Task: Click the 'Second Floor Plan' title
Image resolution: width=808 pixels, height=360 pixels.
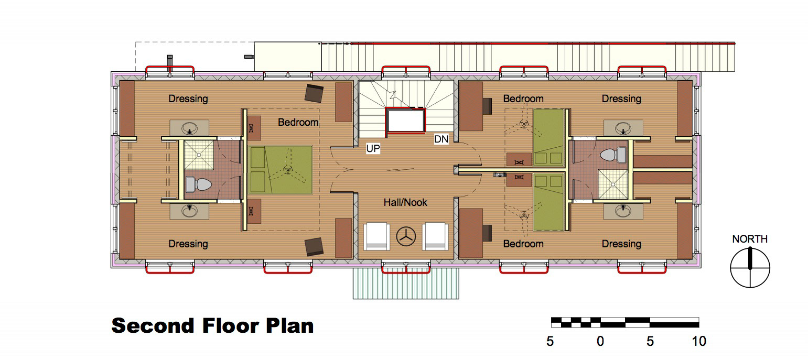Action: point(212,326)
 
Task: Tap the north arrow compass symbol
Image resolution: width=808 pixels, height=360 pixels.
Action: point(750,267)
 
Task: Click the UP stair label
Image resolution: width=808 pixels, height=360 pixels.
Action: point(373,148)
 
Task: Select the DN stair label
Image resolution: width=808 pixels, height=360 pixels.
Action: point(441,139)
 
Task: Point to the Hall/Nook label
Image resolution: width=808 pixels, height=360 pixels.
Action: point(405,202)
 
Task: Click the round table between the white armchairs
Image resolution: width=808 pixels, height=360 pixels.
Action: point(406,237)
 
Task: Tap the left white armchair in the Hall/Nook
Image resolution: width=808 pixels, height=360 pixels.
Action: point(376,236)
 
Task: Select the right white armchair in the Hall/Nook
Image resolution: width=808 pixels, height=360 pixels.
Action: point(435,236)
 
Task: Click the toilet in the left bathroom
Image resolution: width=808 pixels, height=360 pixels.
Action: point(198,184)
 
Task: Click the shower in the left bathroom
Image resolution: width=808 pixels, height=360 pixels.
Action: point(199,155)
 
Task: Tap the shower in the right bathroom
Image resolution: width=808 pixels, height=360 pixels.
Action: point(613,184)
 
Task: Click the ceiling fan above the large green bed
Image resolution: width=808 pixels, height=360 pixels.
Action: point(287,170)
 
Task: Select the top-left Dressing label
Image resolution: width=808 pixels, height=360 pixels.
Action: point(188,99)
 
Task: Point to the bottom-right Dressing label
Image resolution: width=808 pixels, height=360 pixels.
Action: point(621,244)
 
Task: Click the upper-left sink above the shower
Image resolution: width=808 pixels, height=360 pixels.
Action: point(189,128)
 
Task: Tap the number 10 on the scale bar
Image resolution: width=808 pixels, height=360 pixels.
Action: point(699,341)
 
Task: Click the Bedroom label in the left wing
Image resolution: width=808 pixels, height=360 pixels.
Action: point(298,123)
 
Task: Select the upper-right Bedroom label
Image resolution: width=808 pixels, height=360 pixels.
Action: point(523,99)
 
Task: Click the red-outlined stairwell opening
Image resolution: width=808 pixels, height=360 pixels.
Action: point(406,121)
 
